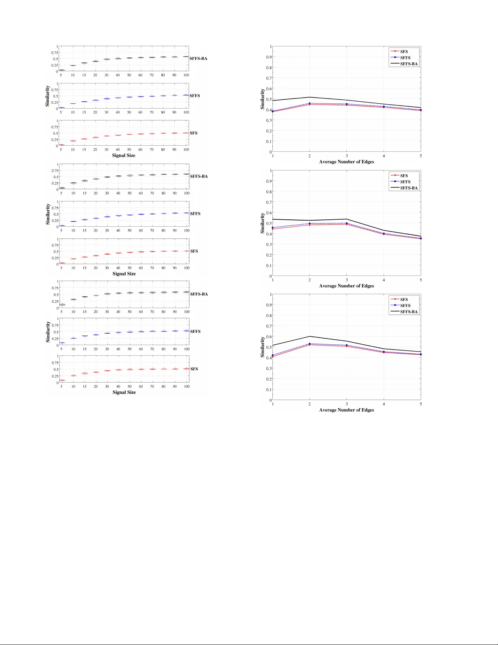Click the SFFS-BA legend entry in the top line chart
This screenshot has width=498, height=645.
(x=409, y=64)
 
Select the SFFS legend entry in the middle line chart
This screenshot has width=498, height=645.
(x=405, y=182)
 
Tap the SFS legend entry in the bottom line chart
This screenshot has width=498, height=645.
(x=404, y=300)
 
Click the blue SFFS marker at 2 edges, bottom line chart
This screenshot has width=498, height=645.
(x=310, y=344)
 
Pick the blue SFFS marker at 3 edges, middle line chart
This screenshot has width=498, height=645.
(x=347, y=223)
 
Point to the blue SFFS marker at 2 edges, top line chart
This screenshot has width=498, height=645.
(x=310, y=103)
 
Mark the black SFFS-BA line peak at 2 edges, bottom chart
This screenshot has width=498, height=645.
(x=310, y=337)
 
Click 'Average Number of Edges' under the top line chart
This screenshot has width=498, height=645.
(x=346, y=162)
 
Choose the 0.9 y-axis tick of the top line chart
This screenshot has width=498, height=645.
(x=269, y=57)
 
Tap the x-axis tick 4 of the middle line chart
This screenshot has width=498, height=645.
(x=384, y=280)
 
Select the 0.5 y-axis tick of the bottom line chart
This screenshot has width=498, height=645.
(x=269, y=347)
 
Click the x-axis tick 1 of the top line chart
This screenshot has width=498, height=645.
(x=273, y=156)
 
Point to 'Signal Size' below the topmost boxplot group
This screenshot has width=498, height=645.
(x=124, y=155)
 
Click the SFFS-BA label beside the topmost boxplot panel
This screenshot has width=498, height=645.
(x=198, y=59)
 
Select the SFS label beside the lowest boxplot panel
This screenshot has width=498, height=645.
(x=194, y=369)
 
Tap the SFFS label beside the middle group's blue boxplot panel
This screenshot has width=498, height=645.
(x=195, y=214)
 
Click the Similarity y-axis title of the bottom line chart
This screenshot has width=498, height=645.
(x=263, y=347)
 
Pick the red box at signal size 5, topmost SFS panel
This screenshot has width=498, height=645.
(x=61, y=145)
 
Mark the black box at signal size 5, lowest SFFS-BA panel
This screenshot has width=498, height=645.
(x=62, y=304)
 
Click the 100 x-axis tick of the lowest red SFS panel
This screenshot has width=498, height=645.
(x=187, y=387)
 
